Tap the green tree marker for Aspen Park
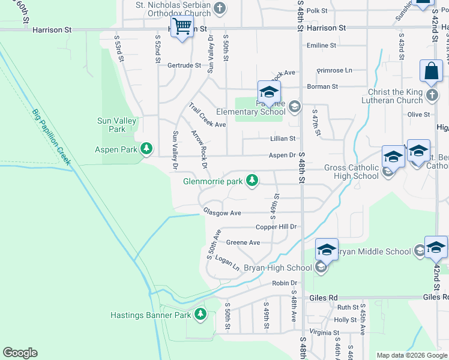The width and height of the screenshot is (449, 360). click(146, 148)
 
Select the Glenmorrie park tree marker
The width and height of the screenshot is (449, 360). click(253, 180)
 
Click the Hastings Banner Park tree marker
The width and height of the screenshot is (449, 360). click(200, 314)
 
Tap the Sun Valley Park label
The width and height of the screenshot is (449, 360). click(117, 125)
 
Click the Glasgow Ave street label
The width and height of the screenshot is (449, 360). click(221, 212)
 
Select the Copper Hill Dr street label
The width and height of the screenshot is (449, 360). click(277, 227)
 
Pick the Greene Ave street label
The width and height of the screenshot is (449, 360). click(243, 242)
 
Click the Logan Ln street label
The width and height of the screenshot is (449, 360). click(228, 263)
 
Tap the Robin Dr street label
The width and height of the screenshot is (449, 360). click(285, 283)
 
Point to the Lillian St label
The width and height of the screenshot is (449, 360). click(282, 138)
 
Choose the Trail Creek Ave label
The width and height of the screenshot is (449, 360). click(206, 115)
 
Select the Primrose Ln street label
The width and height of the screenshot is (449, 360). click(334, 70)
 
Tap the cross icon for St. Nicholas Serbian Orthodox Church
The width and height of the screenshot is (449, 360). click(220, 8)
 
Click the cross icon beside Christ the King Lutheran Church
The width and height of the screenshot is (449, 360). click(432, 95)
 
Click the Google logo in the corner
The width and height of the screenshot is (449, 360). click(20, 353)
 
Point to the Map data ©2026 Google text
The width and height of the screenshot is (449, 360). click(411, 355)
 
